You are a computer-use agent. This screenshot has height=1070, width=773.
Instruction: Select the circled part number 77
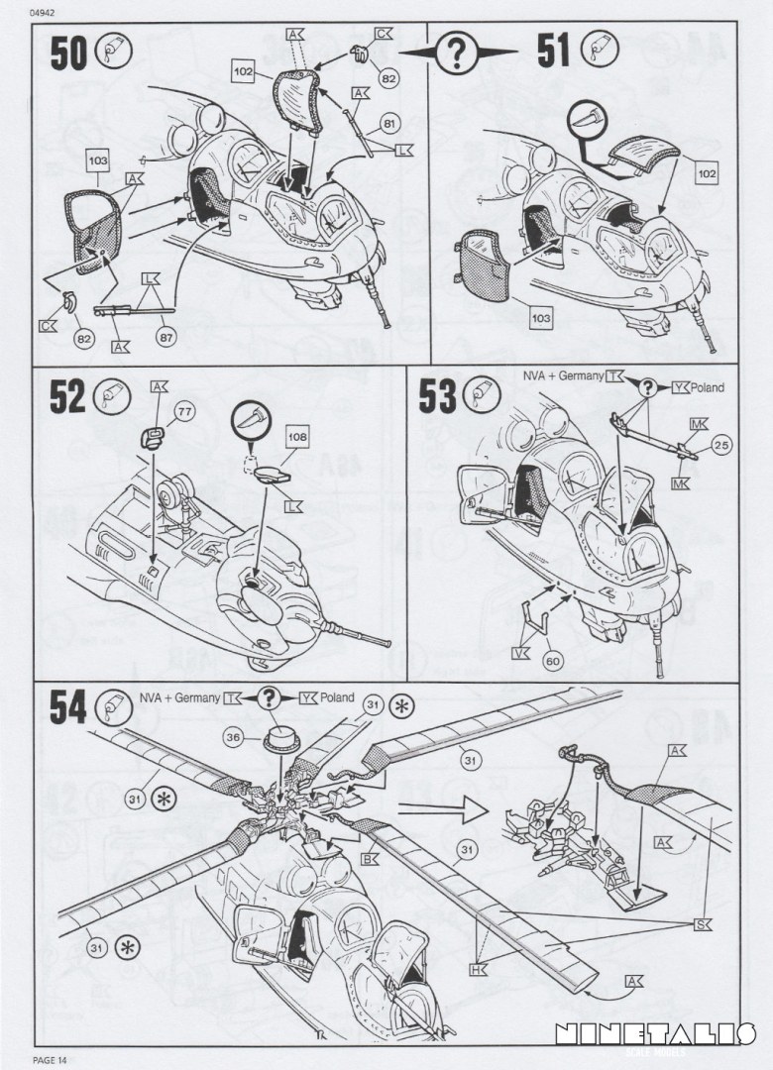184,410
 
